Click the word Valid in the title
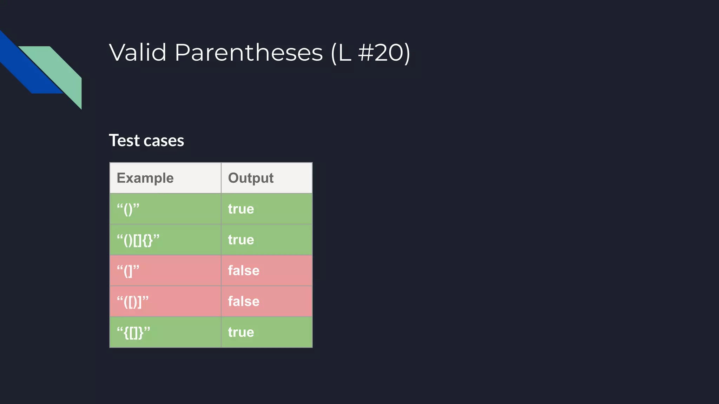tap(138, 53)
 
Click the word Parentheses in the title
tap(248, 53)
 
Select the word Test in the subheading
tap(124, 141)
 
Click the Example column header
tap(145, 178)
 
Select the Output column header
tap(251, 178)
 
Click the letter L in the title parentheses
tap(345, 53)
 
